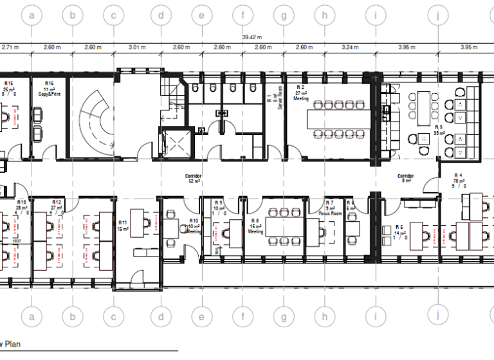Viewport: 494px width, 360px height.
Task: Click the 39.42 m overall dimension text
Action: [251, 38]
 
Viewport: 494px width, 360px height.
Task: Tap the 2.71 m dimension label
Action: [9, 48]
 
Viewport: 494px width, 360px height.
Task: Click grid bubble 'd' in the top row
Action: [161, 14]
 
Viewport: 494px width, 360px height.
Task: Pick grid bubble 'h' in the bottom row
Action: [325, 316]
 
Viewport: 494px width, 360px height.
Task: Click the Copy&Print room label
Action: [49, 91]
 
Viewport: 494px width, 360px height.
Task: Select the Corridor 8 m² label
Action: [405, 177]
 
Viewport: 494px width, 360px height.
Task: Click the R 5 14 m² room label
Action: [399, 231]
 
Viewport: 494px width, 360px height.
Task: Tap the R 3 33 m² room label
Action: [439, 131]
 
